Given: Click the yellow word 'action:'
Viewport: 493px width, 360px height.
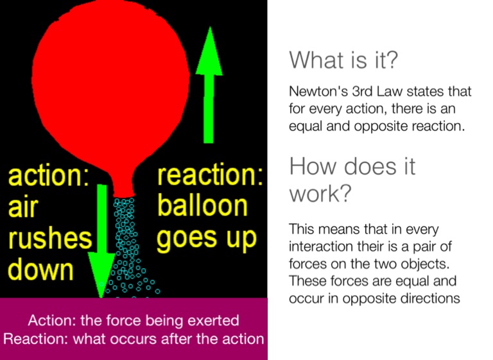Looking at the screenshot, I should coord(48,176).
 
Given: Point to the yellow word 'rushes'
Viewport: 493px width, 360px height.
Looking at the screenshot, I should coord(49,238).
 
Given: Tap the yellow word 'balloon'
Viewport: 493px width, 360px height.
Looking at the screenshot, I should coord(202,206).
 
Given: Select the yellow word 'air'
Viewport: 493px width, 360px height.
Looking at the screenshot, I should coord(23,207).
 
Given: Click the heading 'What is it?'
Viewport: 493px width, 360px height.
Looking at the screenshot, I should coord(343,61).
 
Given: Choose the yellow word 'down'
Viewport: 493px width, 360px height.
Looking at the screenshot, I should coord(40,270).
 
